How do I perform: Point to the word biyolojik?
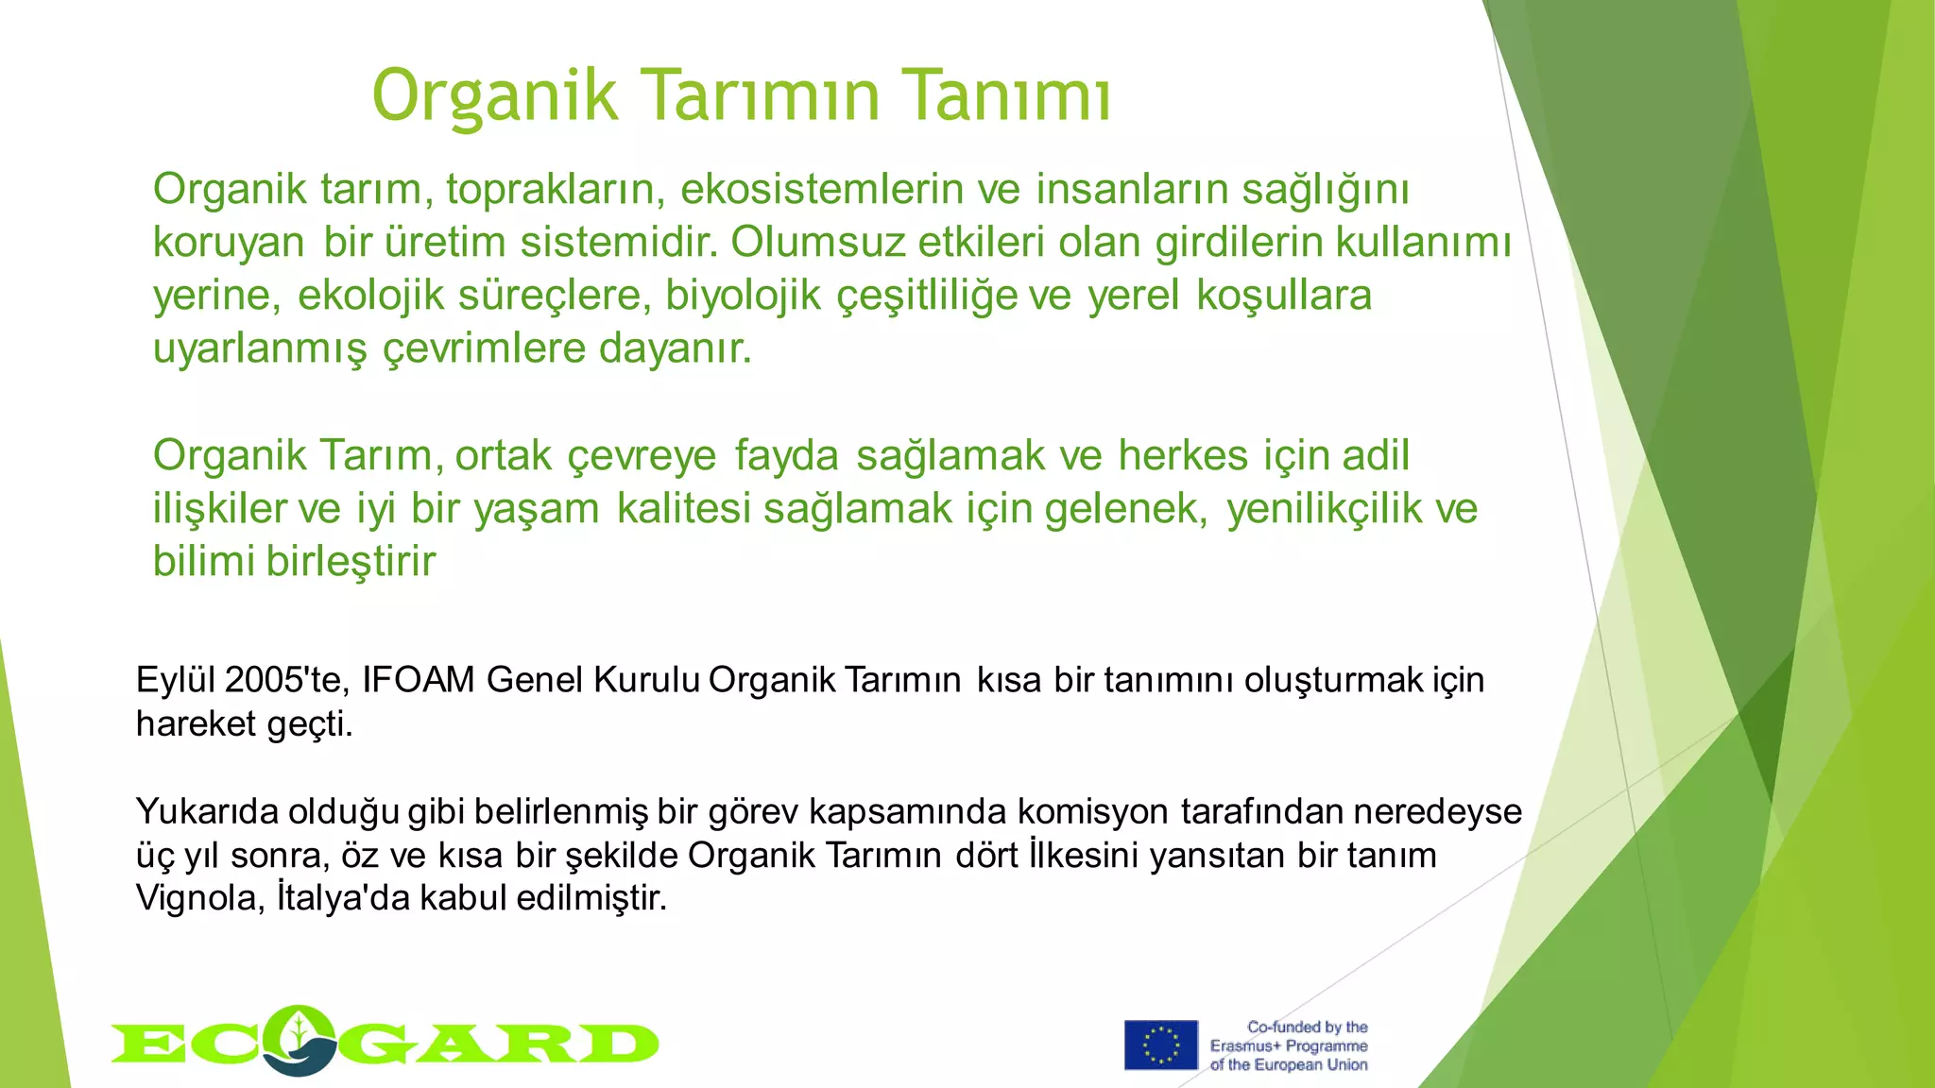(x=743, y=296)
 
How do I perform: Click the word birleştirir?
(x=351, y=562)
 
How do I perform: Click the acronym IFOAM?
(x=418, y=680)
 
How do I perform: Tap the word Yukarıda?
(x=206, y=812)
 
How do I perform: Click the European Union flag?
(x=1160, y=1045)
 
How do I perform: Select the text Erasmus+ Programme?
(x=1289, y=1046)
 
